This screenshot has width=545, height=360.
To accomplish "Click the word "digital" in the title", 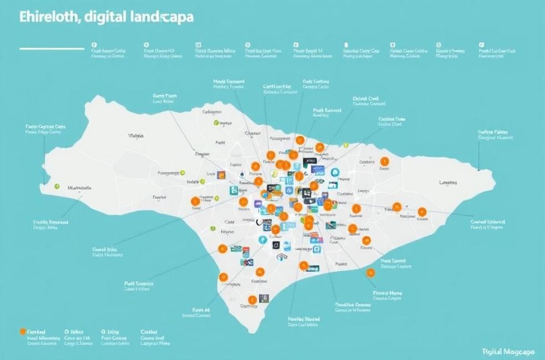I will [103, 18].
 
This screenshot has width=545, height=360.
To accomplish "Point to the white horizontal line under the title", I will [52, 49].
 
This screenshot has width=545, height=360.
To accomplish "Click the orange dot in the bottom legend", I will [22, 331].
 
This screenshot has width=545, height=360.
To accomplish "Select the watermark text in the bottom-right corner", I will [508, 352].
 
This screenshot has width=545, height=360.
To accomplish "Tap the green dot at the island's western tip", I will [56, 187].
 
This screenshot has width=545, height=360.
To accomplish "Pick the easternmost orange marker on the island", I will [422, 211].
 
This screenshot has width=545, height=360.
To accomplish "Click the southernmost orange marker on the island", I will [252, 300].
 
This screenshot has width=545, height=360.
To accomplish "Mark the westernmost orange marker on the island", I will [194, 201].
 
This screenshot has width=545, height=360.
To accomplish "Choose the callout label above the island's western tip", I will [45, 130].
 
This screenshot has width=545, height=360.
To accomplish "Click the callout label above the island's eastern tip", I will [496, 135].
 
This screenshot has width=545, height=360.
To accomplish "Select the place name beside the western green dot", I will [79, 188].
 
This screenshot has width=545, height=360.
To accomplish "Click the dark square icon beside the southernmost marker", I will [264, 298].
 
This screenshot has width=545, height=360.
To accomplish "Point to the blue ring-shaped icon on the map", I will [335, 172].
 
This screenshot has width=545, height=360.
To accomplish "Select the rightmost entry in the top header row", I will [497, 53].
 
